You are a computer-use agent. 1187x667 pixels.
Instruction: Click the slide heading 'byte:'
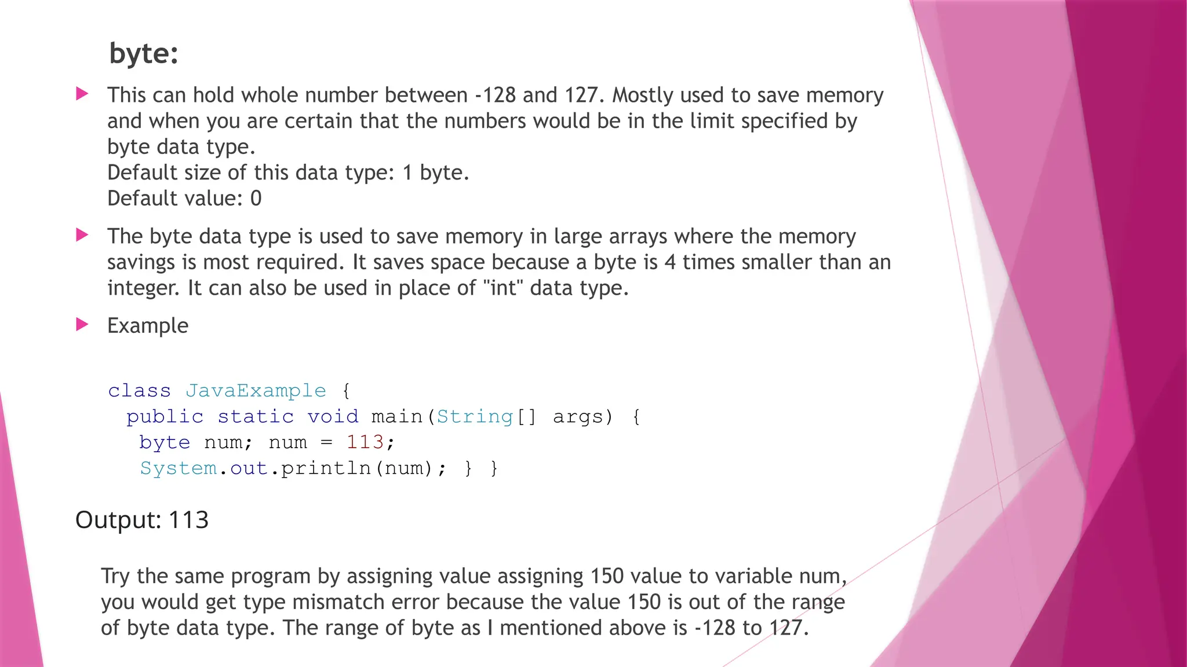(143, 53)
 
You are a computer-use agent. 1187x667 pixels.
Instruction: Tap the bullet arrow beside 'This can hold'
(82, 94)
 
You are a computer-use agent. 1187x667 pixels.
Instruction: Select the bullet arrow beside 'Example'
(82, 324)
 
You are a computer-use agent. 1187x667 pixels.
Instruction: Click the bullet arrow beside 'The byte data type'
(82, 235)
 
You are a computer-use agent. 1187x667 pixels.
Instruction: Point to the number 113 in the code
(365, 442)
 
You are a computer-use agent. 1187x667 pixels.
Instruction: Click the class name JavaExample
(256, 391)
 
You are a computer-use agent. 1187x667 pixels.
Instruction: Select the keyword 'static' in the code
(256, 417)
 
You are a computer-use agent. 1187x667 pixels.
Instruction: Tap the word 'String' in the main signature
(475, 417)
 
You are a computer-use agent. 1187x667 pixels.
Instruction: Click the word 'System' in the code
(179, 468)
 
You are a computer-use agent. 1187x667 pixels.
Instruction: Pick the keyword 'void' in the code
(333, 417)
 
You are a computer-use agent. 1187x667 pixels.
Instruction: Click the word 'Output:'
(118, 520)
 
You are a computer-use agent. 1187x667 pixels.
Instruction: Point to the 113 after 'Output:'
(188, 520)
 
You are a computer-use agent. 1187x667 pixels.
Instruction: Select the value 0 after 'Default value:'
(256, 199)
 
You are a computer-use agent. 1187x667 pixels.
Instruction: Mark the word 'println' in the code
(326, 468)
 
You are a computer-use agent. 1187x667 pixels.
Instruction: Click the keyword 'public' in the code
(165, 417)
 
